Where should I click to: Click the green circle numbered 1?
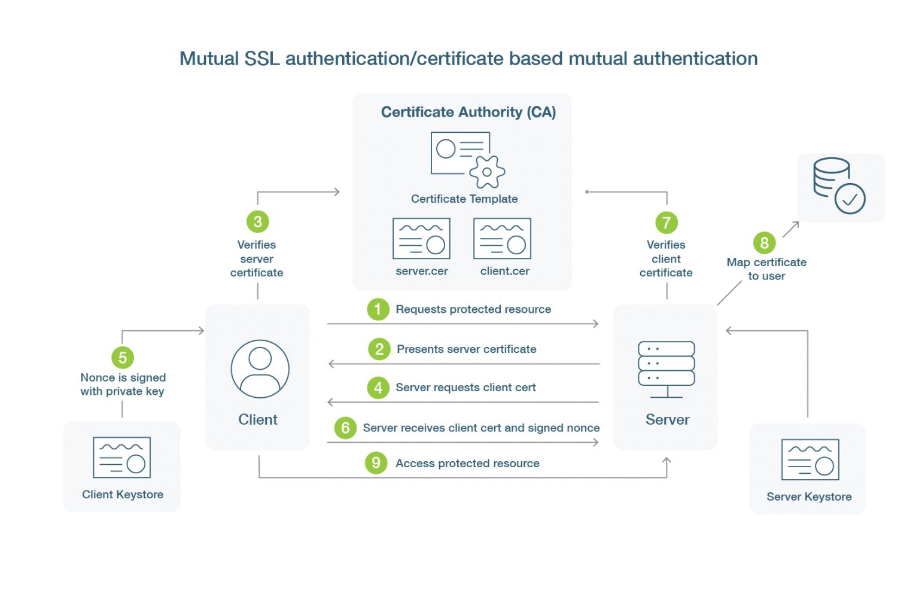(378, 309)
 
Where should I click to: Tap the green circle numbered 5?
(123, 358)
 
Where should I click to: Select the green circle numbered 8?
(764, 243)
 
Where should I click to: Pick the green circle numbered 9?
(376, 462)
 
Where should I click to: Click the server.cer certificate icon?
(421, 239)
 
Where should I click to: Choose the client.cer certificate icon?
(502, 239)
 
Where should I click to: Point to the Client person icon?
(260, 369)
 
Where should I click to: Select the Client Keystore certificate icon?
(122, 458)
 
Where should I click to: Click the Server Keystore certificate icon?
(810, 460)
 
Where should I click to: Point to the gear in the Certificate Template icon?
(487, 172)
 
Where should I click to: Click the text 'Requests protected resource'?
(473, 309)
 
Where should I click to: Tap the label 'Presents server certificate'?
(467, 349)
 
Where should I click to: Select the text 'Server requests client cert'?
(465, 388)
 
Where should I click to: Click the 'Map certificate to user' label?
(766, 269)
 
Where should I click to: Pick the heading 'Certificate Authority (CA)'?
(468, 112)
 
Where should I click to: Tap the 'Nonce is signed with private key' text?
(123, 385)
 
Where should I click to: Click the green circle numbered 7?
(667, 223)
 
